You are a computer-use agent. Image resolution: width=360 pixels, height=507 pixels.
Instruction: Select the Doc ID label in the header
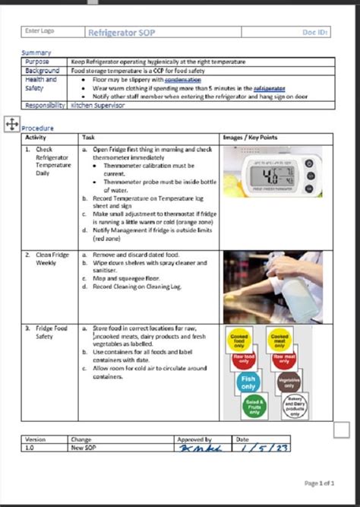(x=315, y=33)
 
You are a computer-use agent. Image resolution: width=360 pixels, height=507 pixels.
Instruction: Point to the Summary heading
(x=36, y=52)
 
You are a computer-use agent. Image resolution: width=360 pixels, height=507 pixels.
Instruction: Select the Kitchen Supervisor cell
(x=98, y=106)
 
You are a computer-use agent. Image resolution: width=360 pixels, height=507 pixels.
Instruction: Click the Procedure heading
(x=38, y=128)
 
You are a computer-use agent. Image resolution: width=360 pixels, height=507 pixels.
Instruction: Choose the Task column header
(x=89, y=138)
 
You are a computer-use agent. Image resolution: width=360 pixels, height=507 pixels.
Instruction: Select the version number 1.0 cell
(x=30, y=448)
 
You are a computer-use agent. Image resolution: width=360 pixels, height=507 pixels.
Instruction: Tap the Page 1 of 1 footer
(x=319, y=483)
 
